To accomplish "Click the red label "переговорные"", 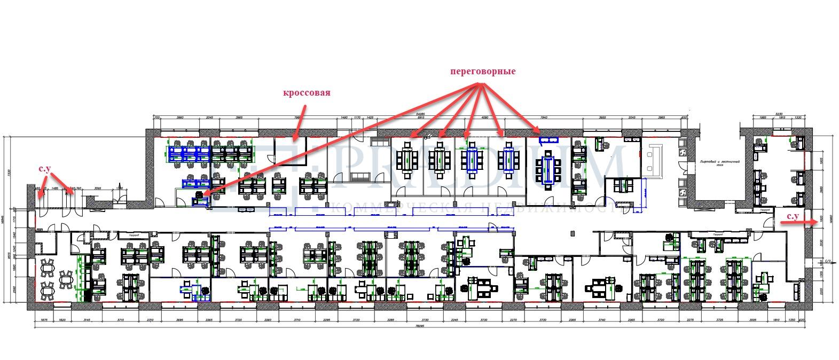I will [483, 71].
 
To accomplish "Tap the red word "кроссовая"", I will [307, 92].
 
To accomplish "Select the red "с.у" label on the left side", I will [45, 169].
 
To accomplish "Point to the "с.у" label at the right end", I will [793, 216].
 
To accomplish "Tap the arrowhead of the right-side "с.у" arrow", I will [810, 225].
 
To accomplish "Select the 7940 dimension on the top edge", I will [545, 118].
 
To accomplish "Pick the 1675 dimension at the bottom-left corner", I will [44, 320].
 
